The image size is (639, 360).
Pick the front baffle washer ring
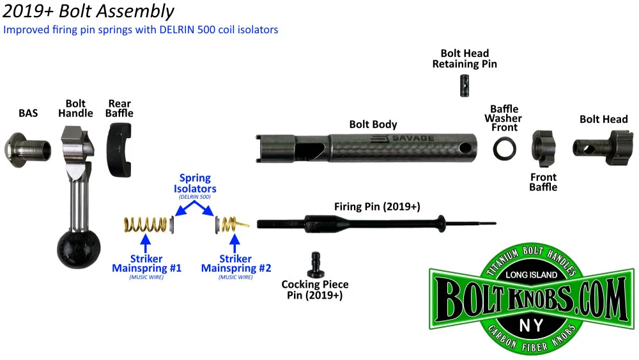pos(505,149)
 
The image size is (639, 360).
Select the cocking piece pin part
pos(315,263)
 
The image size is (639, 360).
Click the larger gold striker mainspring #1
pos(145,224)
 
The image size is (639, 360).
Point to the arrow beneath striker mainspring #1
pos(146,246)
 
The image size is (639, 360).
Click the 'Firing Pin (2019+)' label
pos(381,207)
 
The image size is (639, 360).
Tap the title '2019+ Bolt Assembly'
pos(88,12)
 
